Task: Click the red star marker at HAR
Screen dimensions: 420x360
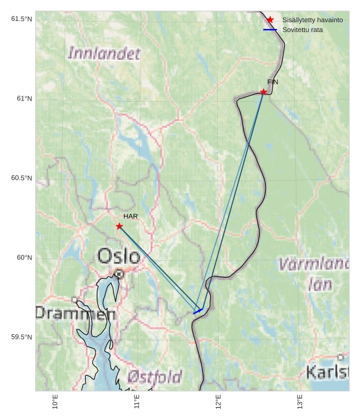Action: click(119, 226)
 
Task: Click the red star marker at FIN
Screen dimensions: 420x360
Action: click(263, 92)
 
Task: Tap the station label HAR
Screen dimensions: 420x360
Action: click(130, 216)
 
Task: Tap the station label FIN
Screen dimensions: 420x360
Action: click(272, 82)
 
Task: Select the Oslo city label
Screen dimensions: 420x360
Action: click(119, 255)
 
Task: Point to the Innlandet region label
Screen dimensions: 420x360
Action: click(104, 54)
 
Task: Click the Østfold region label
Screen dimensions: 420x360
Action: click(155, 376)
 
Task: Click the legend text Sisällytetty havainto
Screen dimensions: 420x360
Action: click(313, 20)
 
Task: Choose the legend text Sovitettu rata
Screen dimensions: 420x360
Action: click(303, 30)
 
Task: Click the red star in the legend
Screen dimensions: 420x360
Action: click(270, 20)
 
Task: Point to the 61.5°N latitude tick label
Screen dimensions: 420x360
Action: click(22, 19)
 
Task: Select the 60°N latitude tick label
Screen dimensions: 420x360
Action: click(24, 258)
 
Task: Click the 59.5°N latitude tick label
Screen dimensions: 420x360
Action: click(22, 337)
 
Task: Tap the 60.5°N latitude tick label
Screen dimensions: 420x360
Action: click(22, 178)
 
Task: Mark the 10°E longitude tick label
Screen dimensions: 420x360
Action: click(55, 401)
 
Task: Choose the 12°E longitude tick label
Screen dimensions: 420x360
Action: click(219, 401)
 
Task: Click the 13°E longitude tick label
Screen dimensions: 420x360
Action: click(300, 401)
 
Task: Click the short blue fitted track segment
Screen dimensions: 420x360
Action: click(198, 311)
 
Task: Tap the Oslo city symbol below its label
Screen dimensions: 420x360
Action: click(119, 274)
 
